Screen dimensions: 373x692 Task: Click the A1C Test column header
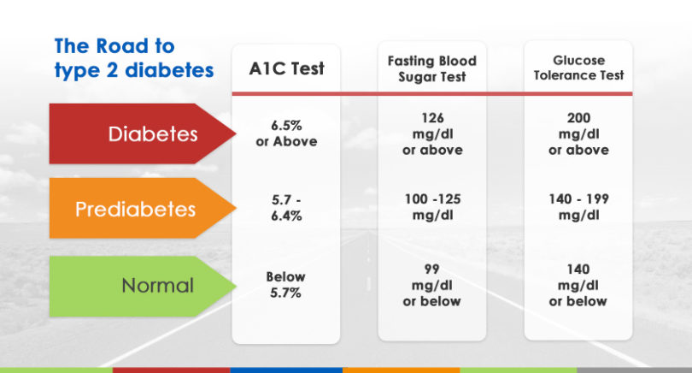(285, 69)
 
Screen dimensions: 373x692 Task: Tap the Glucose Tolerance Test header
(578, 68)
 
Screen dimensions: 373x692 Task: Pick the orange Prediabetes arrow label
(137, 209)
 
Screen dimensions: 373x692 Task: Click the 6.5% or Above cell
(286, 134)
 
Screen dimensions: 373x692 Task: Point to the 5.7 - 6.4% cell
(286, 209)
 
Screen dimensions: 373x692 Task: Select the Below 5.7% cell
(285, 285)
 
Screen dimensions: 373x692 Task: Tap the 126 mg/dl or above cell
(432, 134)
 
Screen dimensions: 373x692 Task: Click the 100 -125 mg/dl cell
(432, 206)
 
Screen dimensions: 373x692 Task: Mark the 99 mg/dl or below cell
(431, 285)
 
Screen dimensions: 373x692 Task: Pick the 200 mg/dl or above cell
(578, 134)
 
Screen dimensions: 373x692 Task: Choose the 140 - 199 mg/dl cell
(578, 206)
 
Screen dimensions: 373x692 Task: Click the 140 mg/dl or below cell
(578, 285)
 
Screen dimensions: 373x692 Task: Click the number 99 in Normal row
(431, 269)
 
